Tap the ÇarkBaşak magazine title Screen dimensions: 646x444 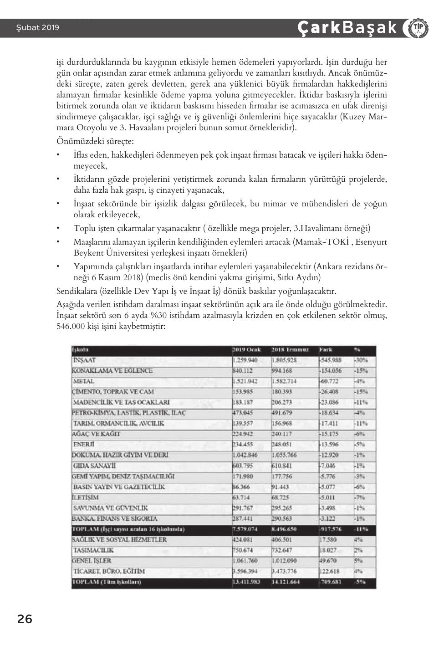tap(347, 28)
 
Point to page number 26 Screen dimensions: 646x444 tap(25, 619)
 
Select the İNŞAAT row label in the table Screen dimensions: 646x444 tap(84, 360)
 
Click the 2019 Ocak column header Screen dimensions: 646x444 tap(246, 350)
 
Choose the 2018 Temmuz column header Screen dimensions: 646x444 tap(290, 350)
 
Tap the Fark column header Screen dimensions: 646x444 tap(326, 350)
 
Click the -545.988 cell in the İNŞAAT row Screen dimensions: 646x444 tap(331, 360)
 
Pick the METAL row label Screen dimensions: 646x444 tap(84, 381)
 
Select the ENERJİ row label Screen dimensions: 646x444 tap(83, 445)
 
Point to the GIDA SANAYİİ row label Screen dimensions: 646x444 tap(94, 466)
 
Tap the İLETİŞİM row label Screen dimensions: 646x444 tap(85, 497)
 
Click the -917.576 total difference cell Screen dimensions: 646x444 tap(331, 529)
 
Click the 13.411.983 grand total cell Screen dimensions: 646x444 tap(246, 582)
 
